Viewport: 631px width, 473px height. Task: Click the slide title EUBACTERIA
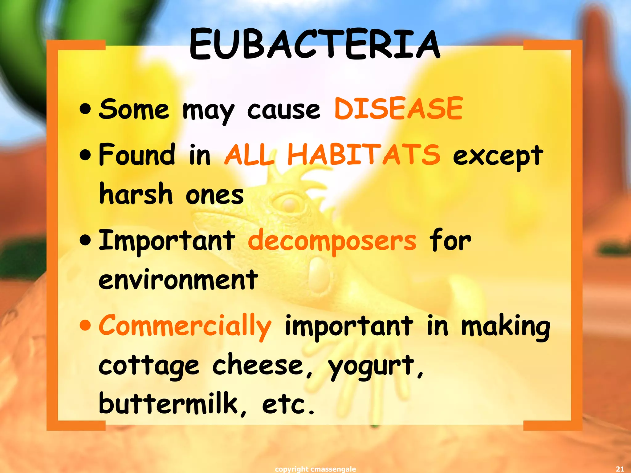click(x=315, y=45)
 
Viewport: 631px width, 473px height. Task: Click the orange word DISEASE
click(x=398, y=108)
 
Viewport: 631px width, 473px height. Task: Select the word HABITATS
click(x=364, y=155)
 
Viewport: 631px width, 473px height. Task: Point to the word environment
click(x=178, y=280)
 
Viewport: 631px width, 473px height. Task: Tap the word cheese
click(x=262, y=365)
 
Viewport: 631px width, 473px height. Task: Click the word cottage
click(x=149, y=366)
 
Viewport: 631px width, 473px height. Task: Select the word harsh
click(x=136, y=194)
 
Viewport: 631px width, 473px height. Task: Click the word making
click(x=505, y=327)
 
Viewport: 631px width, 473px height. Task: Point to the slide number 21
click(x=620, y=469)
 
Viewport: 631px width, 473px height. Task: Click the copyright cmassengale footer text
click(x=315, y=469)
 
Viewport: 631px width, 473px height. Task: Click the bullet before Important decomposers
click(x=85, y=240)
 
